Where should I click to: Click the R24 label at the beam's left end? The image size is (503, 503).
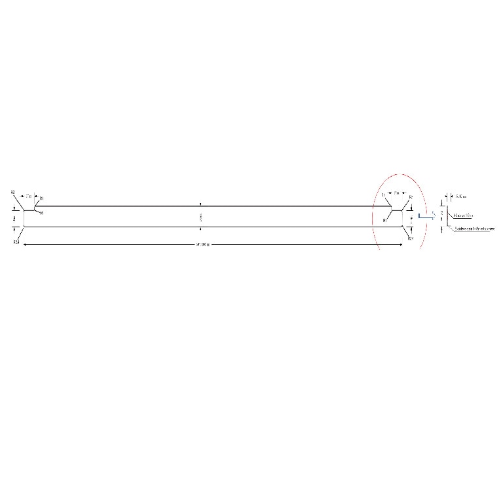pos(16,243)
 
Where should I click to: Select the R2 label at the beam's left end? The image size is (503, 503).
pos(12,192)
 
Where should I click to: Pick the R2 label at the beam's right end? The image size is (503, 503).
pos(411,197)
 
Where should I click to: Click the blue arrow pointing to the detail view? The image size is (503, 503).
pos(426,216)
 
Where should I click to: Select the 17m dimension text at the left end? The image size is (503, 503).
pos(28,196)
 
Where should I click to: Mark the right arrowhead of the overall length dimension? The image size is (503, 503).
pos(401,245)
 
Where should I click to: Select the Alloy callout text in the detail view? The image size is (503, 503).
pos(463,215)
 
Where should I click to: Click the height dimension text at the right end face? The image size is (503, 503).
pos(411,218)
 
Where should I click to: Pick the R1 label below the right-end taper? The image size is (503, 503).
pos(385,221)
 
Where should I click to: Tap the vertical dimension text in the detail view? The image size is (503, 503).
pos(442,214)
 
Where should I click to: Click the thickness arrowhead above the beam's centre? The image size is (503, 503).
pos(201,204)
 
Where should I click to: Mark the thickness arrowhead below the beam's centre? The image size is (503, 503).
pos(201,229)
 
